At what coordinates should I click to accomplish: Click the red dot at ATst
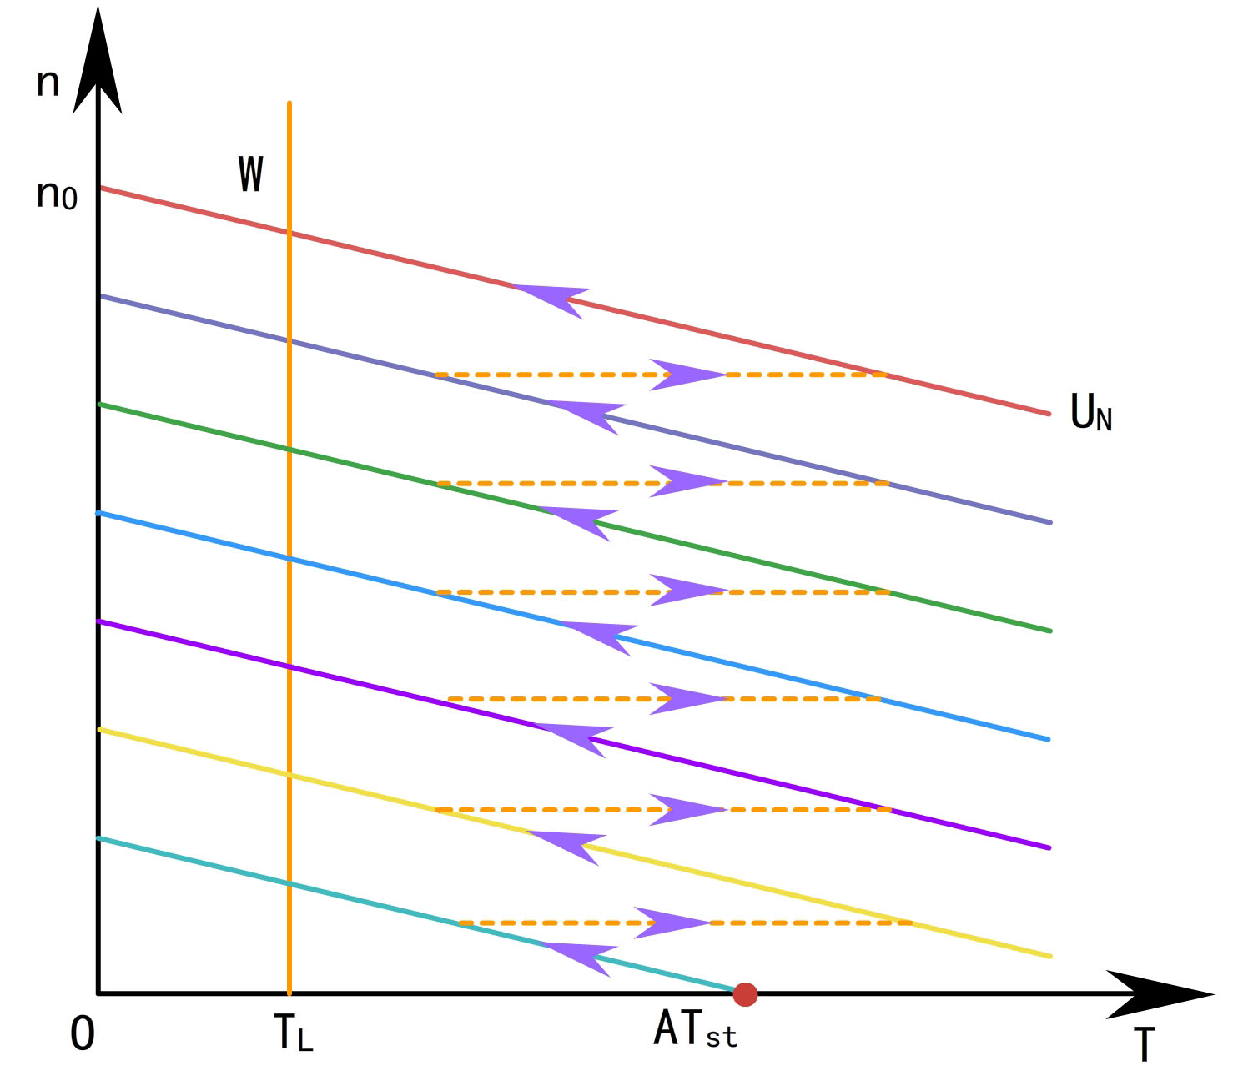point(745,994)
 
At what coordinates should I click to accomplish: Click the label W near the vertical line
point(250,174)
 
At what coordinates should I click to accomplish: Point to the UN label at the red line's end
point(1090,413)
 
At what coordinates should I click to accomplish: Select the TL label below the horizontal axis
point(293,1033)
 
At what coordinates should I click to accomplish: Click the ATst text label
point(695,1030)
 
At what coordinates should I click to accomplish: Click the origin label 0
point(83,1035)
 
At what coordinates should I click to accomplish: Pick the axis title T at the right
point(1145,1045)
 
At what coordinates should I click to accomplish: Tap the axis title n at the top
point(48,83)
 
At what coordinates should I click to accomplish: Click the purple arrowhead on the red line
point(551,298)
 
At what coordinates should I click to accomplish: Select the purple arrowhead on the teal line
point(581,957)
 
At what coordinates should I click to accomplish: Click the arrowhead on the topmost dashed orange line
point(686,375)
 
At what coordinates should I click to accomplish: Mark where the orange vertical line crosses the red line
point(289,233)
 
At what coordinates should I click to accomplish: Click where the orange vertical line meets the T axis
point(289,993)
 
